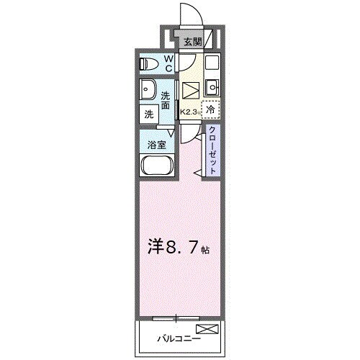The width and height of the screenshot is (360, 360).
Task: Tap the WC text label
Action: (167, 64)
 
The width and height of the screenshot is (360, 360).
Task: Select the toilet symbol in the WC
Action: (147, 63)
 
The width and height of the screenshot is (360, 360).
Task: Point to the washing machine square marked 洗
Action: (148, 114)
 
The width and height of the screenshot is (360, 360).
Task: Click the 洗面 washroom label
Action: (166, 101)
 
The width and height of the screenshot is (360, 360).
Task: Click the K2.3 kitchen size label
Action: (190, 112)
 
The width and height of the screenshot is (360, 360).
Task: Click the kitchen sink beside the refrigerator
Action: (212, 88)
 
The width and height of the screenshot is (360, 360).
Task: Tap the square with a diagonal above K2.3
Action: (189, 90)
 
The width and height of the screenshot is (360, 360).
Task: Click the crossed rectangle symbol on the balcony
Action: (206, 330)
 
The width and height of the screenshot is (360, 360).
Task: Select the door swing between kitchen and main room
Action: (191, 135)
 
